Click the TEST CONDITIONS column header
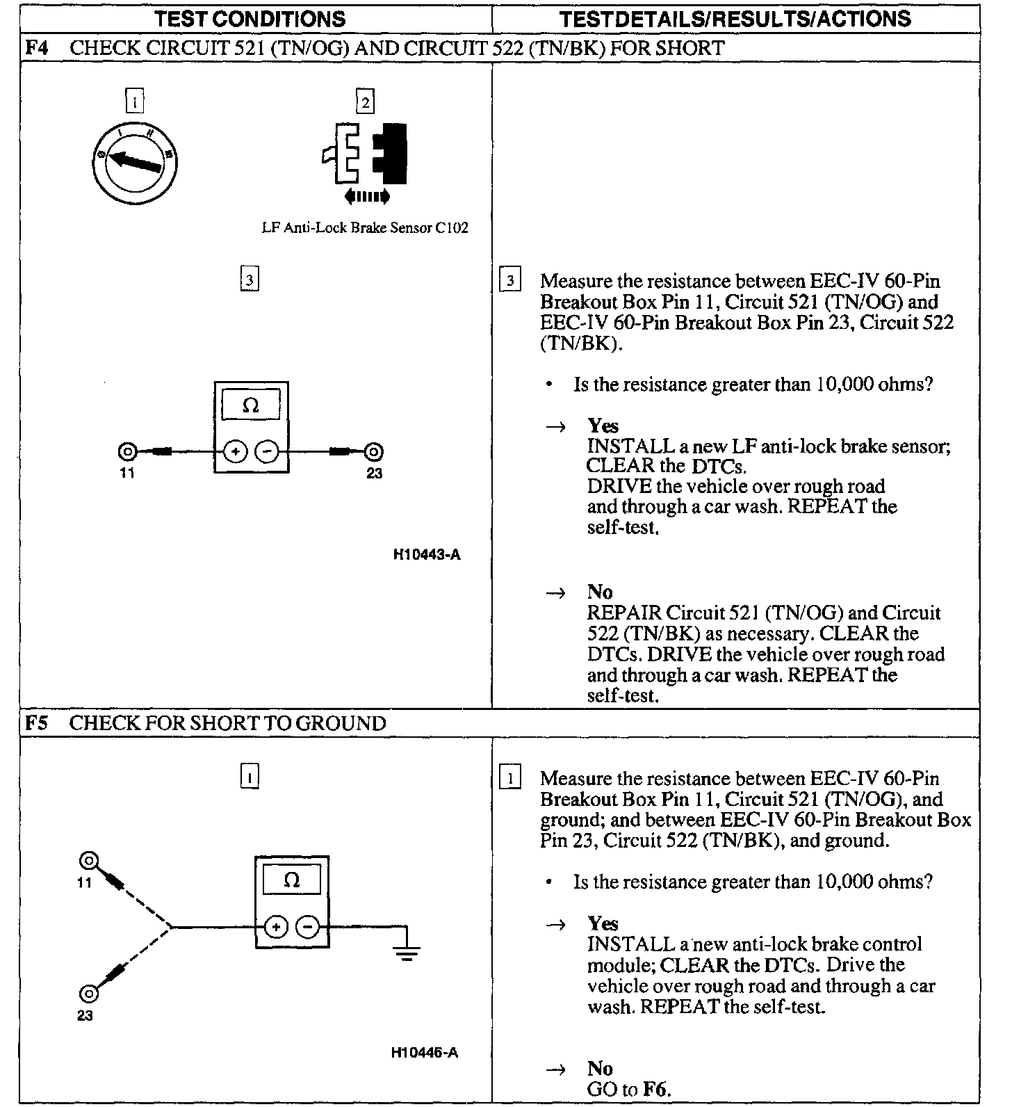pos(250,19)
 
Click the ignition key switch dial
pos(136,161)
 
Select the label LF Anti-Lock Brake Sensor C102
pos(364,228)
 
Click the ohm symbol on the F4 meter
pos(251,405)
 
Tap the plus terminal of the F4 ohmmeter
pos(236,452)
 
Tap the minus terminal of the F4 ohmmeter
pos(267,452)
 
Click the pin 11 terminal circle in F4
pos(127,452)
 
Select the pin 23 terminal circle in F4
pos(373,453)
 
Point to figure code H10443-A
pos(426,555)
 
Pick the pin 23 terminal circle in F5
pos(88,993)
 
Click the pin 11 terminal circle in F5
pos(88,862)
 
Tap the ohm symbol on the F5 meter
pos(292,880)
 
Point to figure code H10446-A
pos(425,1053)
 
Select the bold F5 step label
pos(36,723)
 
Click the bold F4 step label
pos(36,48)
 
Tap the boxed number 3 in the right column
pos(510,281)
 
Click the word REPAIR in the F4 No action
pos(624,613)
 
